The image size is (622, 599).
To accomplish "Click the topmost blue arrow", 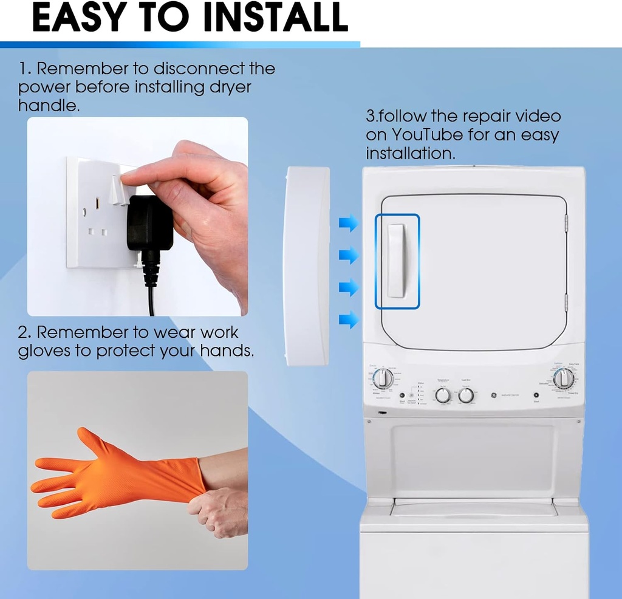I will tap(348, 224).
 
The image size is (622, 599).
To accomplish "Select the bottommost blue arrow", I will tap(348, 320).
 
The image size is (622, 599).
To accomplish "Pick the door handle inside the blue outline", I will tap(397, 261).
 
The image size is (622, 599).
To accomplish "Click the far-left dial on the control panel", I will tap(383, 378).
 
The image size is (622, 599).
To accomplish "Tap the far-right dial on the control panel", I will tap(564, 378).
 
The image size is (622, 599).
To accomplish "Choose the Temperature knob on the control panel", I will tap(443, 395).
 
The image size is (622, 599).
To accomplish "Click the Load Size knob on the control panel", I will tap(466, 395).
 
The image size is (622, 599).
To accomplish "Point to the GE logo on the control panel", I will tap(493, 395).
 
